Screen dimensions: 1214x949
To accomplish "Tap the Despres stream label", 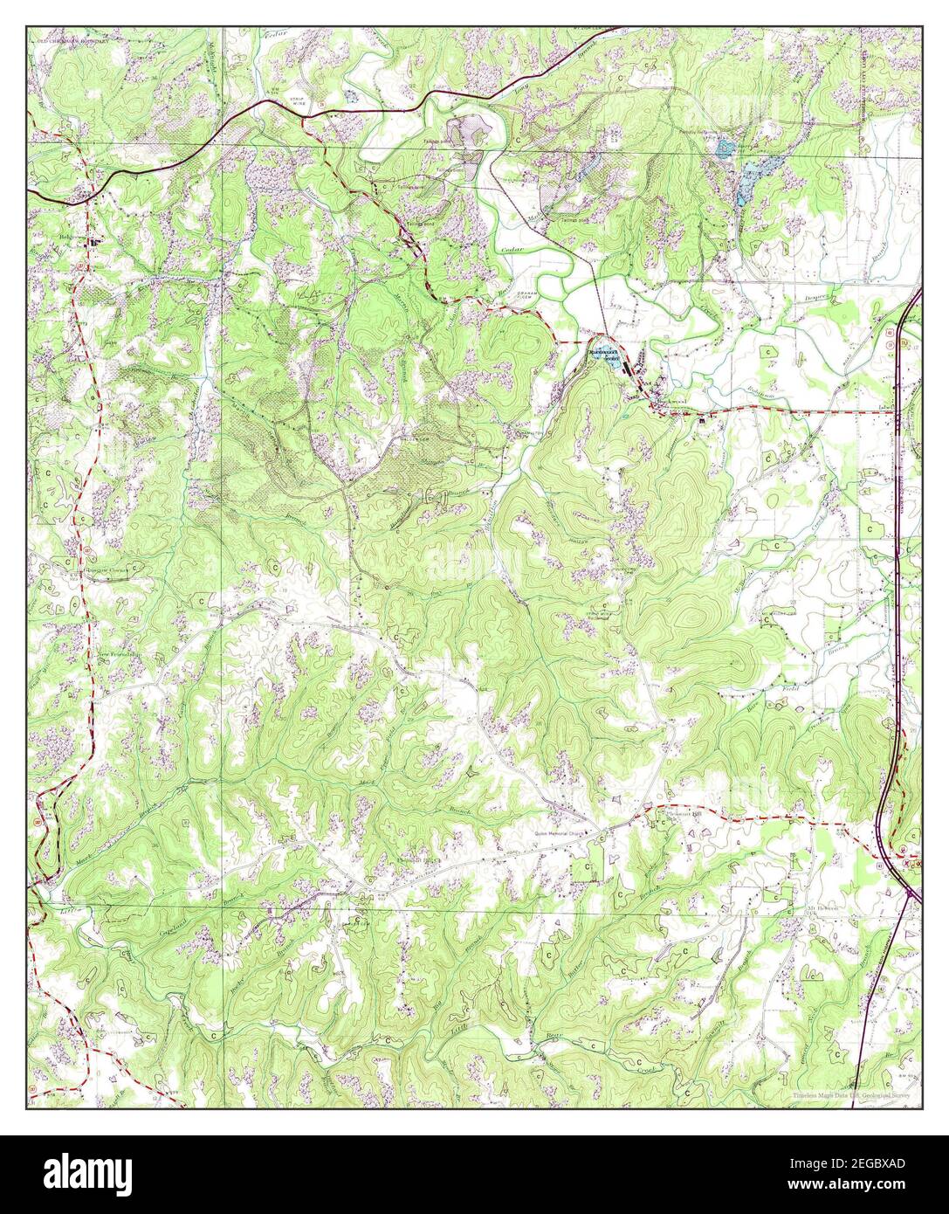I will [817, 297].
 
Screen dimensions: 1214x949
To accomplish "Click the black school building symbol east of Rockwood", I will [701, 422].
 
